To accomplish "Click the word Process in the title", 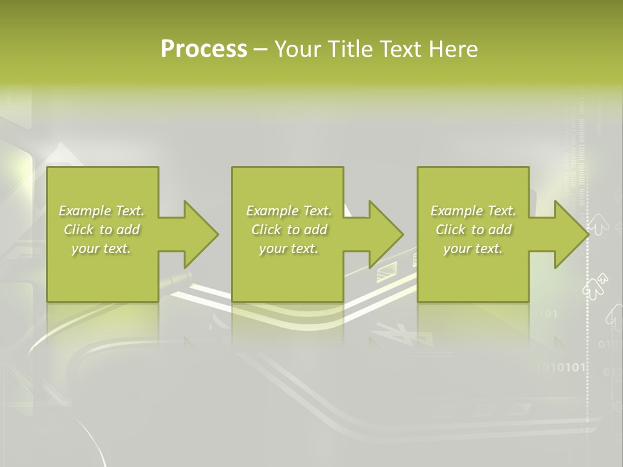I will (x=204, y=49).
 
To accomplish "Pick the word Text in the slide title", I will (x=401, y=49).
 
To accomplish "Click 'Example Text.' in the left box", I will (x=101, y=211).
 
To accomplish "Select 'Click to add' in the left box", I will (x=101, y=230).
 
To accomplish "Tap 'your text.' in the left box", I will (x=101, y=248).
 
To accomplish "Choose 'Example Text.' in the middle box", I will (x=288, y=211).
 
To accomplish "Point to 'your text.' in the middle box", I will (x=288, y=248).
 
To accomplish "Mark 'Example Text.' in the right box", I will (x=473, y=211).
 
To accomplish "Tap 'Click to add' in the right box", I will (x=473, y=230).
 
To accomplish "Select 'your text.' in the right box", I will (x=473, y=248).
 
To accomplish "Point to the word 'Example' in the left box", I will (x=84, y=211).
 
